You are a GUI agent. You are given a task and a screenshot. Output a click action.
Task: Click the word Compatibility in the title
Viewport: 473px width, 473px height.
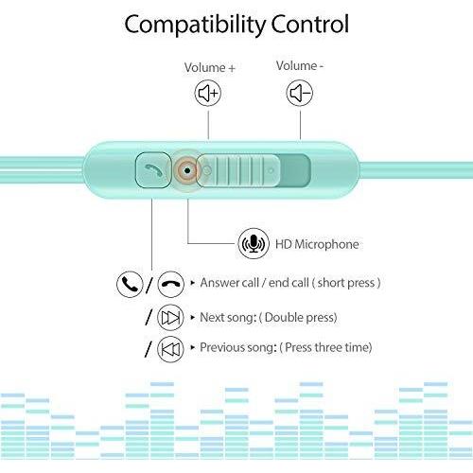[195, 25]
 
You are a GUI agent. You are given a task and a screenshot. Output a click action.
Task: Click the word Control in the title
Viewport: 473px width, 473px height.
[309, 24]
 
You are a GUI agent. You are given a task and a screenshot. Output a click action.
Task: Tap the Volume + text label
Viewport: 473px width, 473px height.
[210, 67]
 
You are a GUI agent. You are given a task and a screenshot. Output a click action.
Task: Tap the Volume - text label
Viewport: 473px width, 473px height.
[300, 65]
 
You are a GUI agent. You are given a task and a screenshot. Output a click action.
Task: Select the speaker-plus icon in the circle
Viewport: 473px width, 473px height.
[208, 93]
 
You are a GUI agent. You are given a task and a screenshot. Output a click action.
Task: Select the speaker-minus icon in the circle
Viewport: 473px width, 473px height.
[300, 93]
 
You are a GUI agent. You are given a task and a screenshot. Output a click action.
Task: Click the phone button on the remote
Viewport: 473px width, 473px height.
[153, 170]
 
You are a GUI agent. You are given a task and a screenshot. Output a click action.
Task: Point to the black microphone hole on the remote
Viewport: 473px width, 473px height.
[187, 170]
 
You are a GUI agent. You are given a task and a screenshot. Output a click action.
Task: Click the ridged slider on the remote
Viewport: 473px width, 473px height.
[238, 170]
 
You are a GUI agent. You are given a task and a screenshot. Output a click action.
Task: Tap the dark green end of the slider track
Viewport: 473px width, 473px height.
[295, 170]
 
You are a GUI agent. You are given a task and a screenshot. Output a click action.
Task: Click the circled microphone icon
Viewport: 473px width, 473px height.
[254, 244]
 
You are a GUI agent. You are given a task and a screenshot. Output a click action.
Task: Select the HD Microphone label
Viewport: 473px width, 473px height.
[317, 244]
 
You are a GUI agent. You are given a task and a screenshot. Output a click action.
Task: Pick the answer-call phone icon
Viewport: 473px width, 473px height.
[130, 284]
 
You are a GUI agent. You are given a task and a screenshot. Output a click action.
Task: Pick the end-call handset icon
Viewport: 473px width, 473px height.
[170, 284]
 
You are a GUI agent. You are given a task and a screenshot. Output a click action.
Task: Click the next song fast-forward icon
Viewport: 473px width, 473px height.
[170, 317]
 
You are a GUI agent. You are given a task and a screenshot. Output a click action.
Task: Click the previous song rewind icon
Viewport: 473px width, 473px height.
[170, 349]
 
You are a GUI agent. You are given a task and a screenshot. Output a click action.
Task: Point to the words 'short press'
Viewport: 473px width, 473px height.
[346, 283]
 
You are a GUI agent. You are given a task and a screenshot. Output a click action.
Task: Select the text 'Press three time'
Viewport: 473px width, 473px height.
[326, 347]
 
